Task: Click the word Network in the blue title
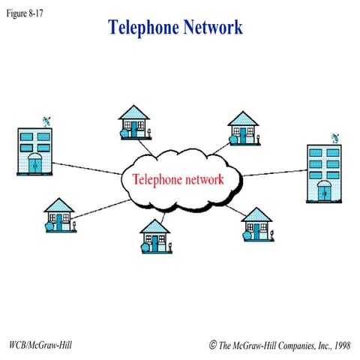click(x=211, y=28)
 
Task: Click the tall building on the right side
click(x=324, y=174)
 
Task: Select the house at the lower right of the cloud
click(x=256, y=224)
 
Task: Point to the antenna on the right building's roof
click(x=334, y=139)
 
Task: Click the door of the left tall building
click(x=35, y=164)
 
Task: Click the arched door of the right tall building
click(x=324, y=190)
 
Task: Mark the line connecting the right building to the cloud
click(x=273, y=173)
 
